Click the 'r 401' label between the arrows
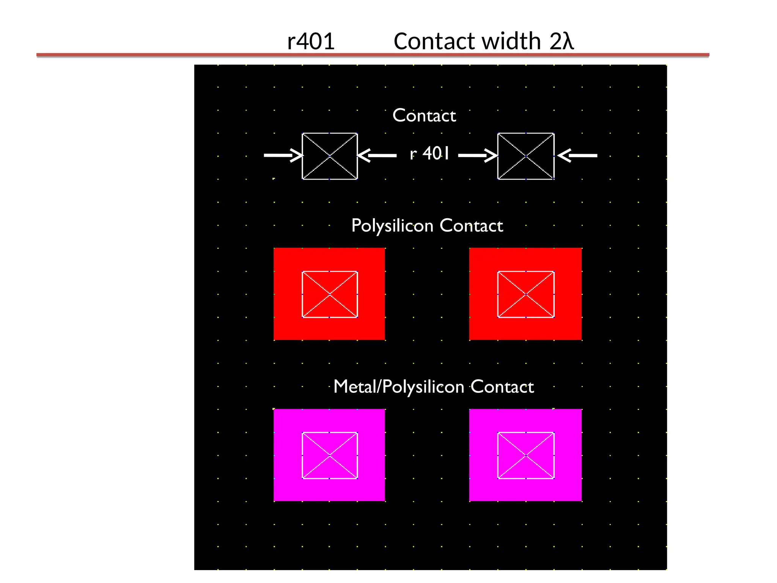[x=429, y=154]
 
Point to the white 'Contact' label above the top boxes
[x=424, y=115]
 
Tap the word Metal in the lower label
[x=354, y=387]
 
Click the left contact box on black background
[x=330, y=156]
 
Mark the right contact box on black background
[x=526, y=156]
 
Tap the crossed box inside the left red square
[x=330, y=294]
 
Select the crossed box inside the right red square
[x=526, y=294]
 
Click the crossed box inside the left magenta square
[x=330, y=455]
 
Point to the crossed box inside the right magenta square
[x=526, y=455]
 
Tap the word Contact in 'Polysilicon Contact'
[x=471, y=226]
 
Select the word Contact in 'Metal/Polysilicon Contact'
[x=502, y=387]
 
